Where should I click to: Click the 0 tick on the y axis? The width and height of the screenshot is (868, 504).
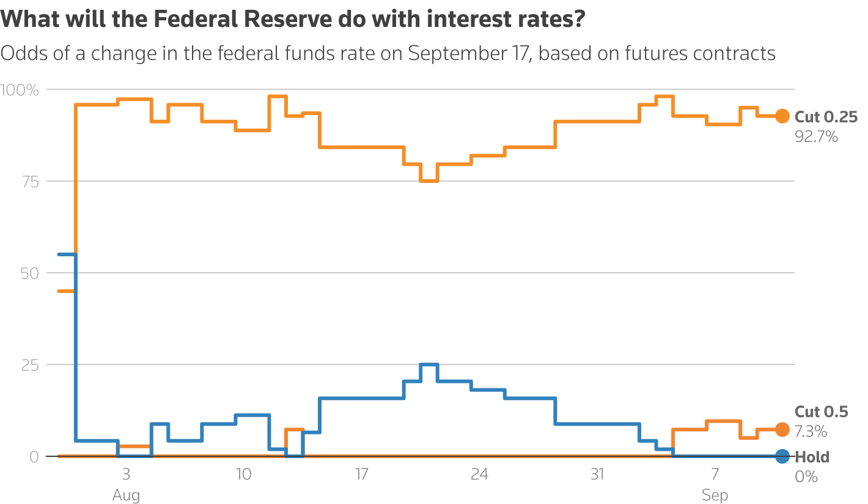click(34, 457)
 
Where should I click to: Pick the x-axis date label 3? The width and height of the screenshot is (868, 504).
click(126, 474)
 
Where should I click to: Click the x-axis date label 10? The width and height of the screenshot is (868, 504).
click(243, 474)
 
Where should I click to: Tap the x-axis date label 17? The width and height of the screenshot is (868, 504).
click(361, 474)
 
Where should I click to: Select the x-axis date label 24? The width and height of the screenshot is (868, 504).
click(479, 474)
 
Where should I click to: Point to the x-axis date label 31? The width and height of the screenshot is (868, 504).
click(597, 474)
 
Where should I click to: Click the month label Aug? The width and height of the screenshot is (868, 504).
click(126, 495)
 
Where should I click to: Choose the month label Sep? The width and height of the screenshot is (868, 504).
click(715, 495)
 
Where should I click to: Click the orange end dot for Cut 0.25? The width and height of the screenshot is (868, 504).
click(782, 116)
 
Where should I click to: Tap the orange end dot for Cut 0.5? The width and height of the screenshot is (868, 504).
click(782, 429)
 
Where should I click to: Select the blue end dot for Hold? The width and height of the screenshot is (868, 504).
click(782, 456)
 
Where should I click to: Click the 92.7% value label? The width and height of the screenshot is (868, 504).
click(816, 136)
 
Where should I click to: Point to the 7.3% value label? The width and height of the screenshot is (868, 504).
click(811, 432)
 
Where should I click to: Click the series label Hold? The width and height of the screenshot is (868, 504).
click(812, 457)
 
